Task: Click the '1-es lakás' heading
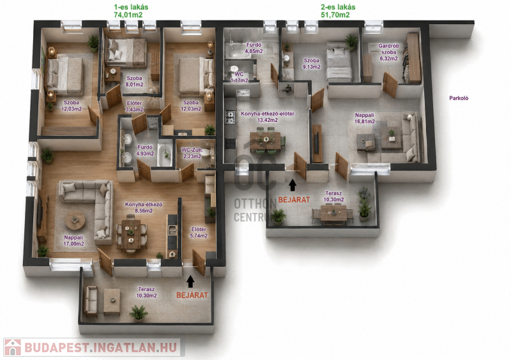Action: (x=131, y=7)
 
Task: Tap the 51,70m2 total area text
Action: (x=335, y=15)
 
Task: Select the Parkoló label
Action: (x=459, y=98)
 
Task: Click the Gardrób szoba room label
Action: (x=388, y=49)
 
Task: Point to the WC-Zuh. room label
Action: (x=192, y=150)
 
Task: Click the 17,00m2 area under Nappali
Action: (x=73, y=244)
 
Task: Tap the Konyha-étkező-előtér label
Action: (x=268, y=114)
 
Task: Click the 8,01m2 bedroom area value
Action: (x=135, y=85)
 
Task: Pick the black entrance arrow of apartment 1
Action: (x=190, y=281)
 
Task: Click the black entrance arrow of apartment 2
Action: (x=293, y=184)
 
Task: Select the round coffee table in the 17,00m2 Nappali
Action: (x=75, y=221)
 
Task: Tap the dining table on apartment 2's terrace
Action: (x=333, y=213)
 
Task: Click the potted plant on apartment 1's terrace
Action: (x=139, y=313)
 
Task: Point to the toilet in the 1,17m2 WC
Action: (x=234, y=70)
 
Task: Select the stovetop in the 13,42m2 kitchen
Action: (x=230, y=117)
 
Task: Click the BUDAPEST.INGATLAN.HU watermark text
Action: (x=102, y=348)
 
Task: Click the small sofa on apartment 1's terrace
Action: (x=91, y=301)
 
